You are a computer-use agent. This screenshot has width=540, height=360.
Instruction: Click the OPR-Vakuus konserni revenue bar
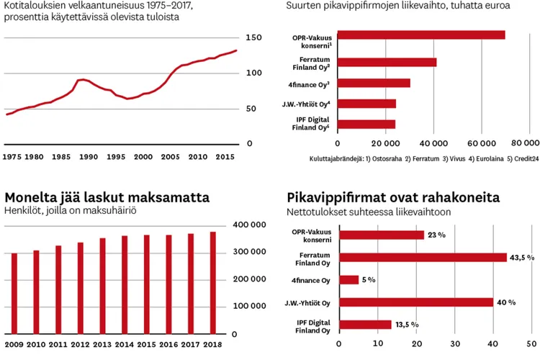(420, 35)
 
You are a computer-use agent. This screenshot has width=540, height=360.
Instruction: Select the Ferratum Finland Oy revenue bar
(387, 62)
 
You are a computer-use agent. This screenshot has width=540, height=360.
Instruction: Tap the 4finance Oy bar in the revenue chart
(373, 83)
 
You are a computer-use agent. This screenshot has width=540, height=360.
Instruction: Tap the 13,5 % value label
(407, 325)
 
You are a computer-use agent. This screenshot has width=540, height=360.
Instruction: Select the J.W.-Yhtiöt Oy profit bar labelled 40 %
(415, 302)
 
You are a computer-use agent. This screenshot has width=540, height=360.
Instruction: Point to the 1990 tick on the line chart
(89, 156)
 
